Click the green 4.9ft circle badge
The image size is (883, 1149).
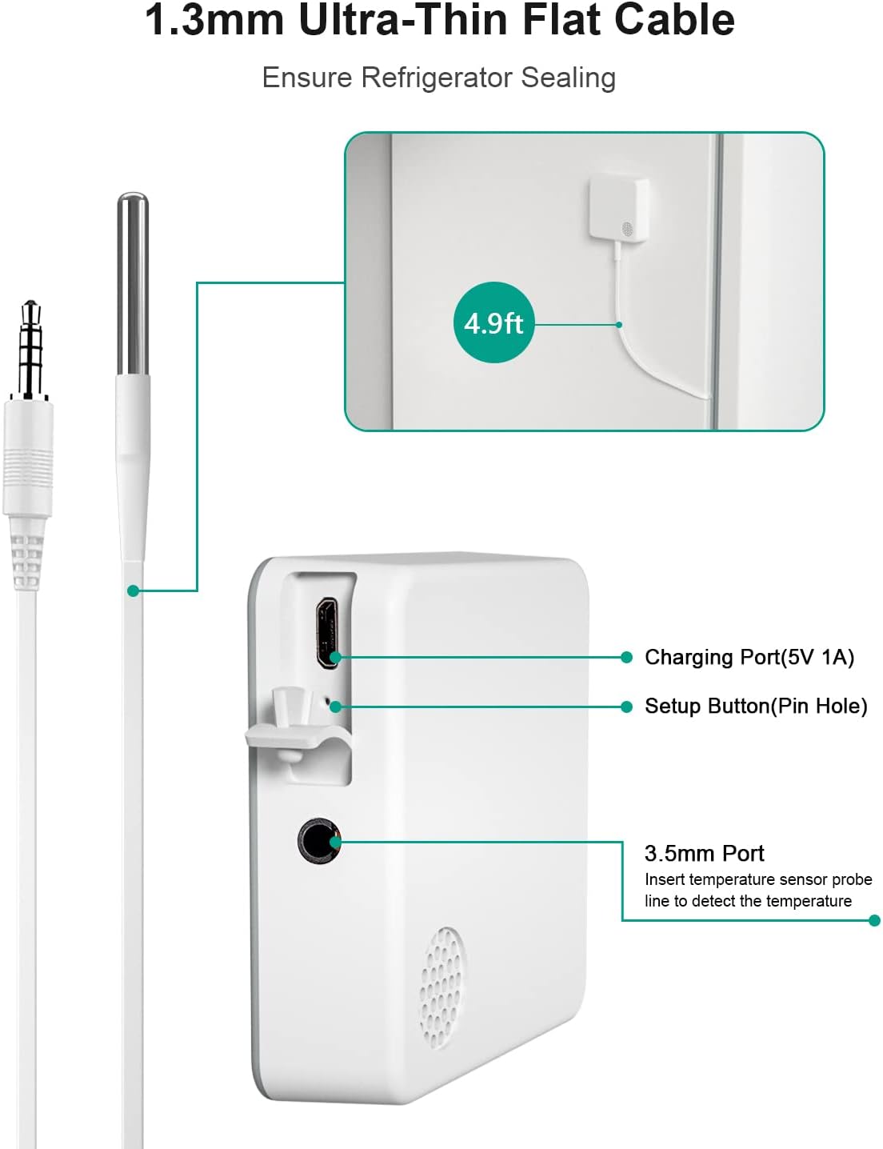493,322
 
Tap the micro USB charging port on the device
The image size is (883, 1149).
327,633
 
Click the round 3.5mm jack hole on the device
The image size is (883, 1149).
318,841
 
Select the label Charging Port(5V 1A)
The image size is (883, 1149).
749,657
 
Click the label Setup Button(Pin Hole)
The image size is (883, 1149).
756,707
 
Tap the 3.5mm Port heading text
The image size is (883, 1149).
704,854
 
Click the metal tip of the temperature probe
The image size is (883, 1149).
132,284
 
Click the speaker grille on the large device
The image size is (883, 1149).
443,987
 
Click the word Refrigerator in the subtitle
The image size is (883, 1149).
437,78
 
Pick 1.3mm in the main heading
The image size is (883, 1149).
215,20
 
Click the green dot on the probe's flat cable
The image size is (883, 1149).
133,591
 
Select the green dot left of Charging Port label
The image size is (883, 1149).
626,657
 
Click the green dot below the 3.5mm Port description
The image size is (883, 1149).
874,921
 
